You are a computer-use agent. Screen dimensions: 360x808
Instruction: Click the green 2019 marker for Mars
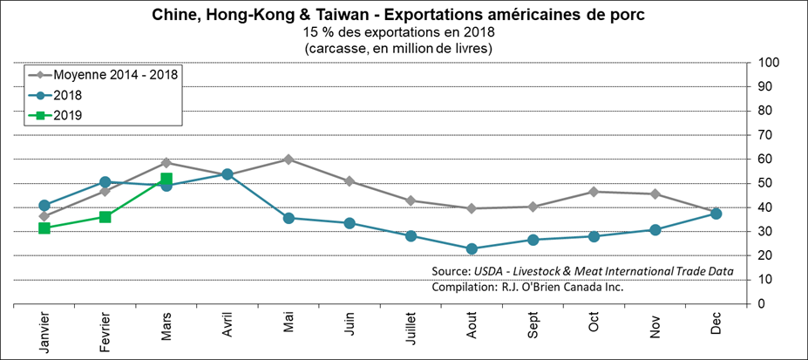[x=166, y=179]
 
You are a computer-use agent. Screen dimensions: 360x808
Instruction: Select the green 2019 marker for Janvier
[x=44, y=228]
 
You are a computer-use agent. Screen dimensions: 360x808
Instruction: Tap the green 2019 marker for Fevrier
[x=105, y=217]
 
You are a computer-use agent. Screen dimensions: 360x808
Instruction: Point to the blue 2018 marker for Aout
[x=472, y=249]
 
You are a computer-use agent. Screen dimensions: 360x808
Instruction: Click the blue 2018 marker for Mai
[x=288, y=218]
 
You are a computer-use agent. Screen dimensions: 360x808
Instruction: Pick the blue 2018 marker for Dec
[x=716, y=214]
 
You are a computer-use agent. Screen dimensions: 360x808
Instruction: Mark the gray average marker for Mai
[x=288, y=160]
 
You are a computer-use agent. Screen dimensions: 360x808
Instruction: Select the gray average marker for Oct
[x=594, y=192]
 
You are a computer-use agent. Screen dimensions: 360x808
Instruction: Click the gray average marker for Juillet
[x=410, y=200]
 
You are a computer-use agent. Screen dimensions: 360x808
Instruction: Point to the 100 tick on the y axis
[x=768, y=63]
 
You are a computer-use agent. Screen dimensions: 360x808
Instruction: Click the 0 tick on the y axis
[x=761, y=303]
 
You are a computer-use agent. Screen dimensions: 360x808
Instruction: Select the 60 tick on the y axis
[x=764, y=159]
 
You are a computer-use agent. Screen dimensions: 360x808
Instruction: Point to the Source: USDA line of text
[x=582, y=270]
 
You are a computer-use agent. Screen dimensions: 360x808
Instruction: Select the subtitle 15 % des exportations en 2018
[x=398, y=32]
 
